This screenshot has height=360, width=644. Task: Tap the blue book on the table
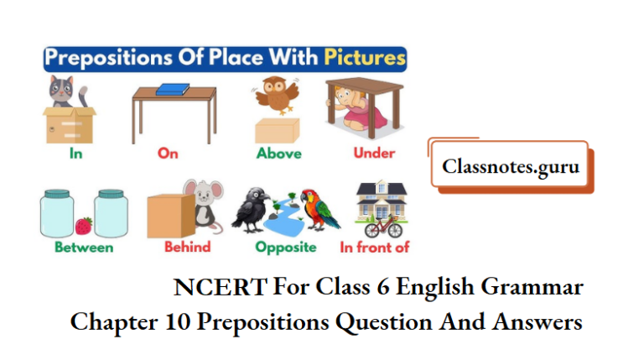[x=174, y=88]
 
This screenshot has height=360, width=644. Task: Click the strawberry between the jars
[x=84, y=225]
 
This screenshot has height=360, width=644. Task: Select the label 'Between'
[x=84, y=248]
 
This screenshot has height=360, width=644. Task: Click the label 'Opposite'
[x=286, y=248]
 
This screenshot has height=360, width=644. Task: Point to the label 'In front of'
[x=375, y=248]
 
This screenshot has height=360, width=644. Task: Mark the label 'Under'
[x=374, y=154]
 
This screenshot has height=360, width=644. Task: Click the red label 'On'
[x=168, y=154]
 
